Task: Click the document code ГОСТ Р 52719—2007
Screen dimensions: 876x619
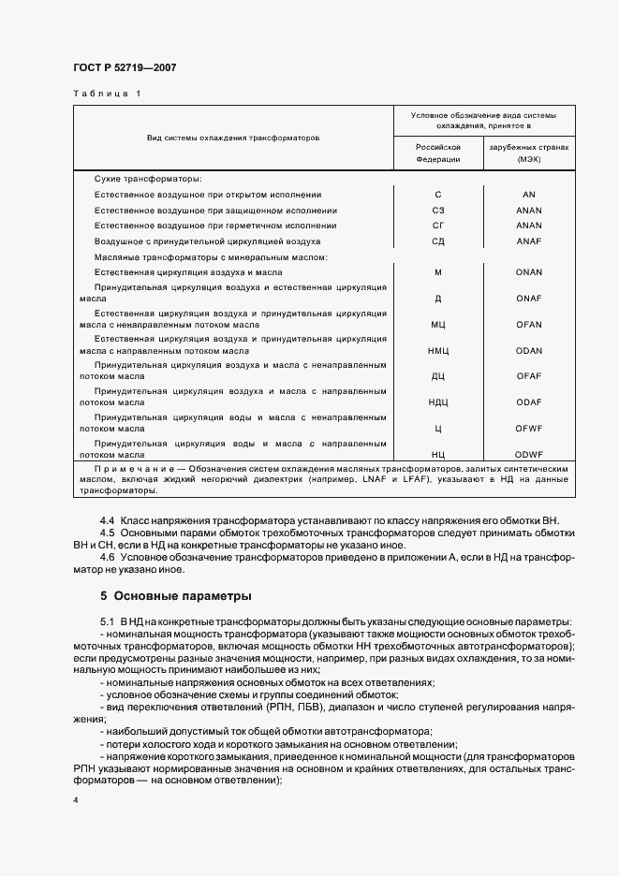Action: tap(125, 68)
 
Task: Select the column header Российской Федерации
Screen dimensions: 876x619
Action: tap(438, 153)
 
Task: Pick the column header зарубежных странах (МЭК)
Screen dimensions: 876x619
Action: tap(529, 153)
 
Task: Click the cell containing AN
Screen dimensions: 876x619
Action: tap(529, 195)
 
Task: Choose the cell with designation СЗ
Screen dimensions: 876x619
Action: tap(438, 211)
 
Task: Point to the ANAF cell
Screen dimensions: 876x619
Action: tap(529, 241)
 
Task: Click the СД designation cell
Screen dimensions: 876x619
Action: tap(438, 241)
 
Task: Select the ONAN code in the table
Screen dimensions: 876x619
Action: tap(529, 270)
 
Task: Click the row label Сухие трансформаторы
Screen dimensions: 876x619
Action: tap(148, 179)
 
